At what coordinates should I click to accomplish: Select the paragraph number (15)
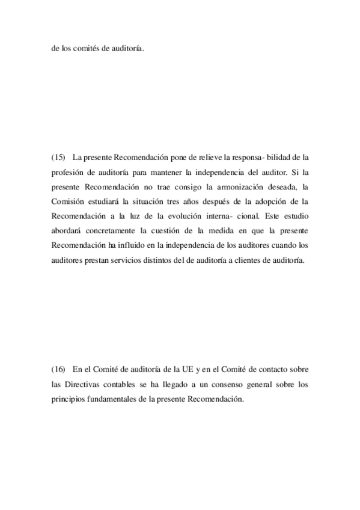click(58, 158)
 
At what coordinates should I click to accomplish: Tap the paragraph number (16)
click(58, 367)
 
